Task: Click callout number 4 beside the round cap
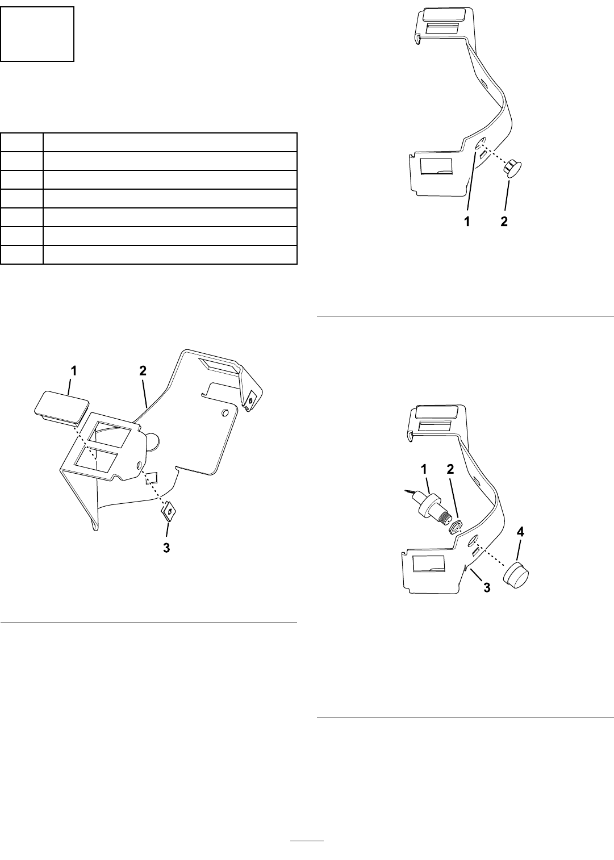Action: [x=520, y=532]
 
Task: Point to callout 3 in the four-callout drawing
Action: [x=487, y=588]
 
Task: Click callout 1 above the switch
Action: [x=424, y=469]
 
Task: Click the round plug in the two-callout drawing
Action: [x=513, y=169]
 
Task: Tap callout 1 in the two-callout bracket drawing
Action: [x=467, y=222]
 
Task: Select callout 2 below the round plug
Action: [x=504, y=222]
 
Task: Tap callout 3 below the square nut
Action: [x=166, y=548]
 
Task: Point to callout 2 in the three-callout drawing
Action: [x=143, y=371]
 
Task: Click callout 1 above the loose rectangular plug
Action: [x=73, y=371]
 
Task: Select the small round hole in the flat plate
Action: [x=225, y=413]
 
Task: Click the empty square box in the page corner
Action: [x=37, y=34]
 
